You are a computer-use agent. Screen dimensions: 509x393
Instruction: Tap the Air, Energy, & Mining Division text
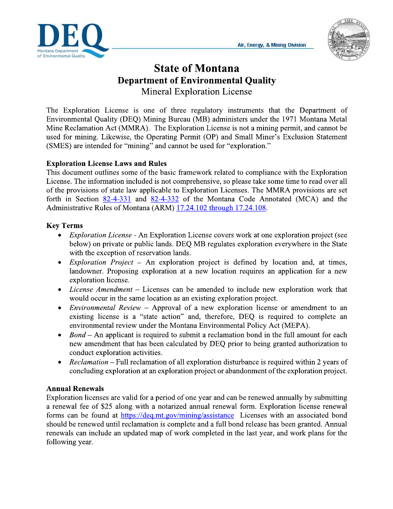(272, 45)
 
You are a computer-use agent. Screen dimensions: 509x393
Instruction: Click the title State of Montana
(196, 68)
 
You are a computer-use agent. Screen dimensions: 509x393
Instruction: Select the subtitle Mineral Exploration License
(196, 91)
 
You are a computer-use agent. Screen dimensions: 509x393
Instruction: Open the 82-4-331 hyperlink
(117, 199)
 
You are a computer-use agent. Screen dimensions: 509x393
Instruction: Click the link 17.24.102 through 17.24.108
(221, 208)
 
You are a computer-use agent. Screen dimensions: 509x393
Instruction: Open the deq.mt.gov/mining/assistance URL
(177, 415)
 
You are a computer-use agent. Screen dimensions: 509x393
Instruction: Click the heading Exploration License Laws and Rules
(107, 163)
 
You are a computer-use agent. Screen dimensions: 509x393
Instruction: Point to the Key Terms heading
(65, 226)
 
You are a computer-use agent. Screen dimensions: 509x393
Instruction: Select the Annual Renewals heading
(75, 389)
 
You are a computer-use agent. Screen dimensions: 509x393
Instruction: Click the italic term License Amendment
(101, 289)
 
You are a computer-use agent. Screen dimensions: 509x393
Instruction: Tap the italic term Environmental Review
(105, 307)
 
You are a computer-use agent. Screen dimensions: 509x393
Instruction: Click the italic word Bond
(77, 335)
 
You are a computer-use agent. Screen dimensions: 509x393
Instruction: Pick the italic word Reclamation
(89, 362)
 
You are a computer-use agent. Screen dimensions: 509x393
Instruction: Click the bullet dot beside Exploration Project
(60, 262)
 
